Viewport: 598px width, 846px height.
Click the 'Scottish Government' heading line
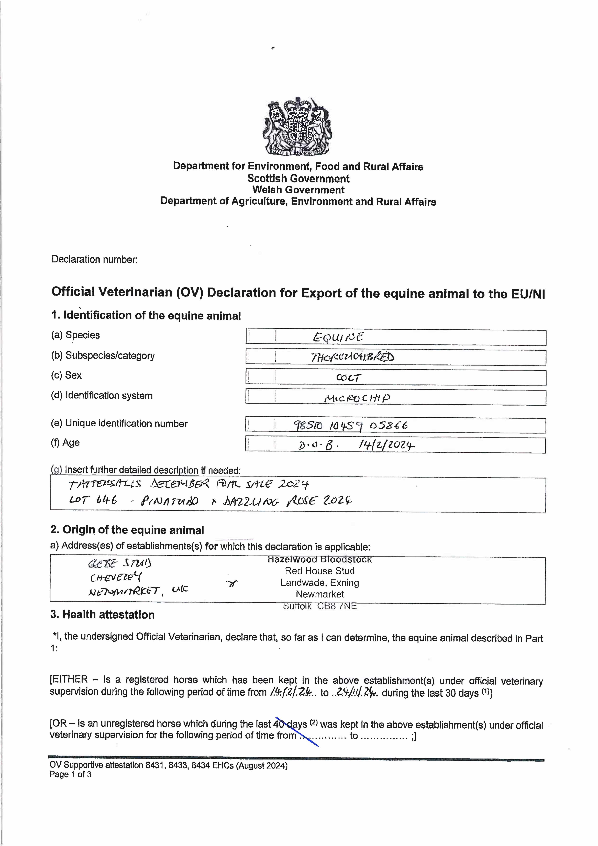coord(298,179)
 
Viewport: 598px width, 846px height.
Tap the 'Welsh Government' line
coord(298,190)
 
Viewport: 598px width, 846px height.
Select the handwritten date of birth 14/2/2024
coord(386,446)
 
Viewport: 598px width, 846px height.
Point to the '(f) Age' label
coord(65,442)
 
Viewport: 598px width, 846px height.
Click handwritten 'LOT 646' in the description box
coord(93,500)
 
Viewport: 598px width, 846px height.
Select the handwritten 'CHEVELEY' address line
coord(115,577)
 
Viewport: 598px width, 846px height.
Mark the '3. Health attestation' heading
coord(102,615)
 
